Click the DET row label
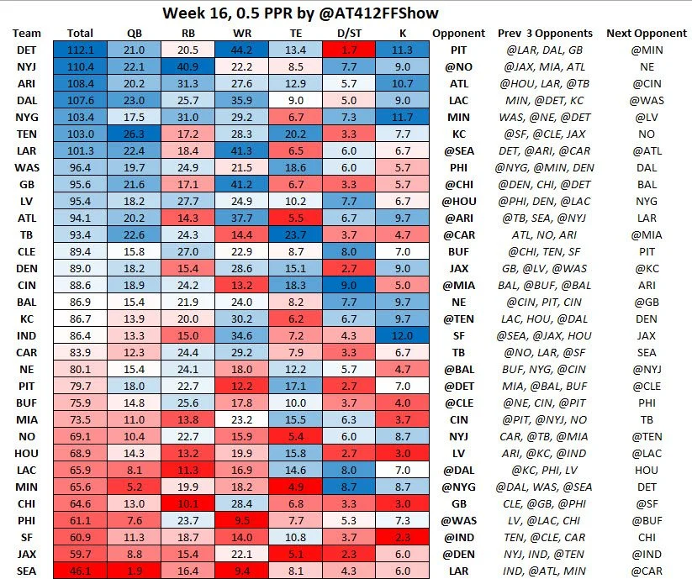[25, 50]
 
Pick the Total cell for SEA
[80, 570]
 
